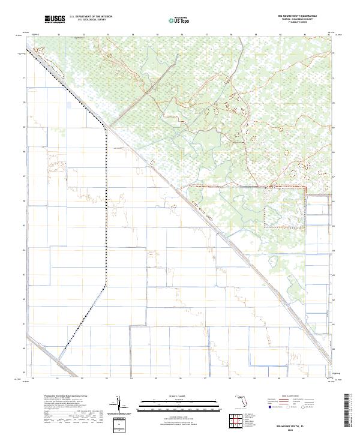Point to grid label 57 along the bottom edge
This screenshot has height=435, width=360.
[x=205, y=379]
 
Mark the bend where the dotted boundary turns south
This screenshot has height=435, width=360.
[x=107, y=127]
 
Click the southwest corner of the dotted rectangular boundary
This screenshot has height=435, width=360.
[x=266, y=226]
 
